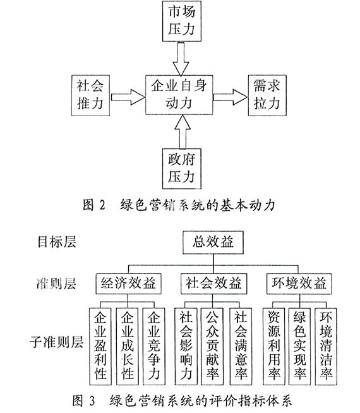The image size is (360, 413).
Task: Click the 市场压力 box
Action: pos(182,21)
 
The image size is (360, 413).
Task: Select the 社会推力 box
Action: pos(90,95)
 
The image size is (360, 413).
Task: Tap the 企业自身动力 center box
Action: pos(179,95)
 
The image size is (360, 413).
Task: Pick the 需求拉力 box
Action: pos(267,95)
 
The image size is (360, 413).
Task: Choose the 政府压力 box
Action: pos(182,169)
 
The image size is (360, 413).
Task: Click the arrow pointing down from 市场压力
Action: pos(181,59)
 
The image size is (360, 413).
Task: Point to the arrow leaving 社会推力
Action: pos(128,97)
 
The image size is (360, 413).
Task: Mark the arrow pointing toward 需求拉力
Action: pos(230,97)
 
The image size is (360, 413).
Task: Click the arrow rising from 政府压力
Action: pos(181,132)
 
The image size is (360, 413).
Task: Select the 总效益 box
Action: pos(213,242)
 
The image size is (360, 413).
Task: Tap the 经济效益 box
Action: pos(128,284)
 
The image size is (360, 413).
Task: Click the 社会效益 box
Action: pos(213,284)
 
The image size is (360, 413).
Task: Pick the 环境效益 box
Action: pos(299,284)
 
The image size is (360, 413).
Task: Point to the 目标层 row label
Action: pos(57,242)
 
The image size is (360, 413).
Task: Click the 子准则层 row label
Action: pos(56,342)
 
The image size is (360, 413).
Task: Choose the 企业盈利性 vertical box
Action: pos(100,346)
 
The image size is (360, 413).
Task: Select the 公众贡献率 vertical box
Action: pos(212,346)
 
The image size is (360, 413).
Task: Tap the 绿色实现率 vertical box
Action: pos(300,346)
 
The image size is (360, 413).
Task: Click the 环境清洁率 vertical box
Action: pos(326,346)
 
